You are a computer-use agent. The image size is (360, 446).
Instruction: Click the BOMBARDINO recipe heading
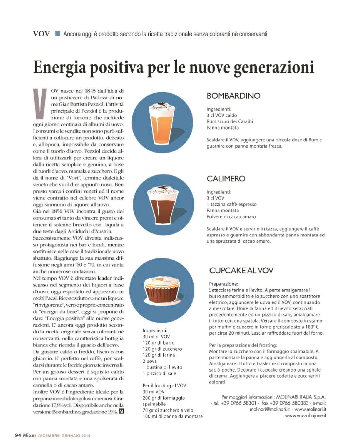(233, 96)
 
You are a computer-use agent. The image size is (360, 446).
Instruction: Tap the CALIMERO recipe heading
(226, 179)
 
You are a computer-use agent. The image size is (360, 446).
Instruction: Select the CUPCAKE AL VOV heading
(241, 271)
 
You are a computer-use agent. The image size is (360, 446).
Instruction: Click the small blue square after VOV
(57, 33)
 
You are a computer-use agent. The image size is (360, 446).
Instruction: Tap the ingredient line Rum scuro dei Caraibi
(230, 122)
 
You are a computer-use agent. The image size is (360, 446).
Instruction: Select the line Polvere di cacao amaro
(231, 217)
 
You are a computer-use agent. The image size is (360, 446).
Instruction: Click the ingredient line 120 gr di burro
(159, 343)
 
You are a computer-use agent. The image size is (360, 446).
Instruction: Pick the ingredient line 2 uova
(150, 361)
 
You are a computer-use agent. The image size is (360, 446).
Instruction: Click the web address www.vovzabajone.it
(305, 415)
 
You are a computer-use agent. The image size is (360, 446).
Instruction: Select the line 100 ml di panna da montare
(172, 416)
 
